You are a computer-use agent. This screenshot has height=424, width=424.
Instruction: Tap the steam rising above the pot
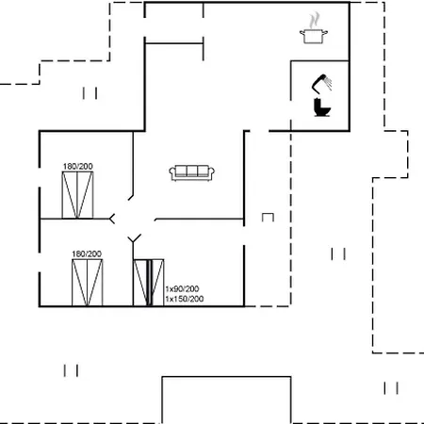coord(314,21)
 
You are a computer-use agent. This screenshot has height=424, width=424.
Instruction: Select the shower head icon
coord(321,83)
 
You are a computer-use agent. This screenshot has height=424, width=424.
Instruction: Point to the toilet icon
coord(321,107)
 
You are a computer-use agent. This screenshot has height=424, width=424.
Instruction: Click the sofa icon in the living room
coord(192,172)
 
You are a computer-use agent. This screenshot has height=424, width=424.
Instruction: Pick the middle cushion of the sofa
coord(192,171)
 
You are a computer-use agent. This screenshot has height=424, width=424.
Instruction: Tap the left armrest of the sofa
coord(172,172)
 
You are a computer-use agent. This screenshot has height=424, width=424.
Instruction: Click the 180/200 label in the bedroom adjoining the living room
coord(78,167)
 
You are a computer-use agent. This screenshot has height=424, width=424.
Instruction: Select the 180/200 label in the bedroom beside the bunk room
coord(87,253)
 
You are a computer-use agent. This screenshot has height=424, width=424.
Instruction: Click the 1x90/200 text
coord(182,288)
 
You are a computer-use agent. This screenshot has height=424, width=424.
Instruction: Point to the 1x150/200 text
coord(185,299)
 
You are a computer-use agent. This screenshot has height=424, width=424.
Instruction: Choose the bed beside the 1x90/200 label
coord(149,283)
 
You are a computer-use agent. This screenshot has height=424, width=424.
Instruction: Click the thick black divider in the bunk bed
coord(150,283)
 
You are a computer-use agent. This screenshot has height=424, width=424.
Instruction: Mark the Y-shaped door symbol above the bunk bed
coord(134,239)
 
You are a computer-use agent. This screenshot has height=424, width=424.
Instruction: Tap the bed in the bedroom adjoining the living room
coord(77,195)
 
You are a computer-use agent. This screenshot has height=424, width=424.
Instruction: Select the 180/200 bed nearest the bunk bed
coord(87,283)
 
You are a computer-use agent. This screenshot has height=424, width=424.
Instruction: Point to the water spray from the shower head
coord(329,83)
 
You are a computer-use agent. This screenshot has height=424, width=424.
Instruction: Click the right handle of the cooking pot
coord(326,32)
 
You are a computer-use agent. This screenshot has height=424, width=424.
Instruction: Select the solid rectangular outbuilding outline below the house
coord(226,377)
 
